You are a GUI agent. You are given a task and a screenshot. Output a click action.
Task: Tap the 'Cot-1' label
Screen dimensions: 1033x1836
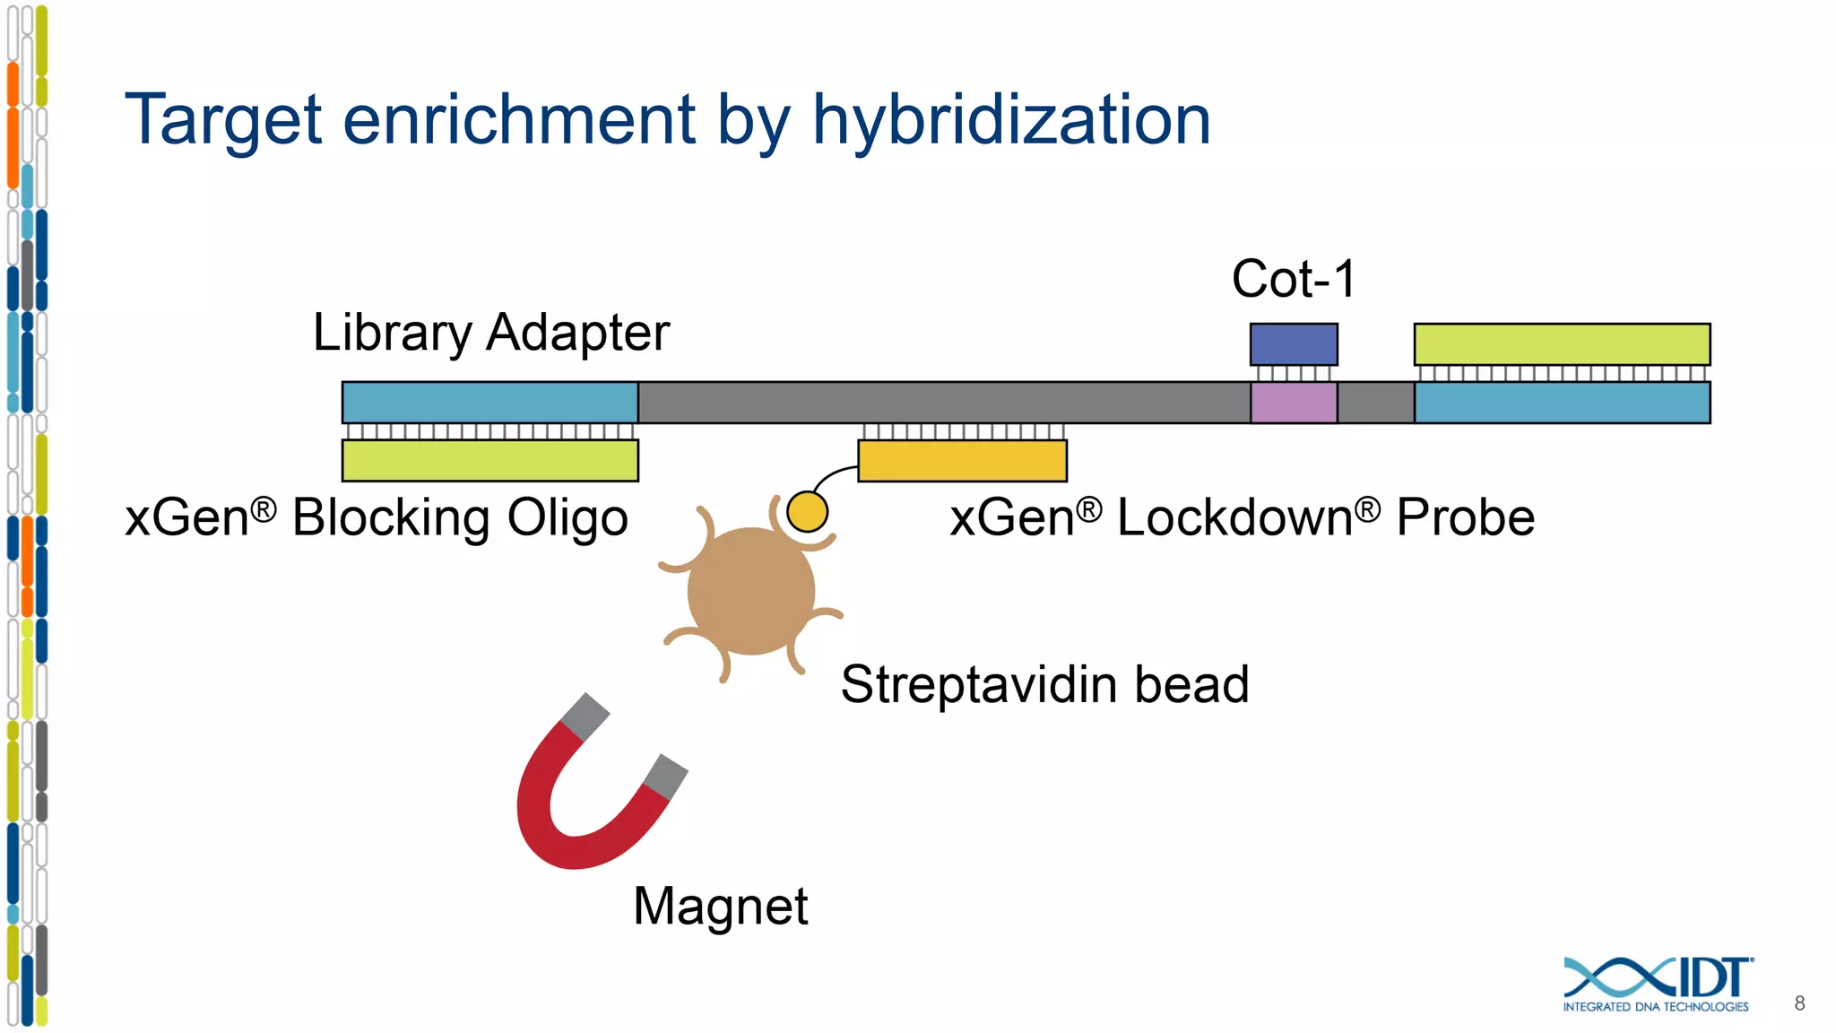[x=1294, y=279]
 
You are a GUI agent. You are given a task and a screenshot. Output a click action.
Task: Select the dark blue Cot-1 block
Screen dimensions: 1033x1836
[x=1294, y=344]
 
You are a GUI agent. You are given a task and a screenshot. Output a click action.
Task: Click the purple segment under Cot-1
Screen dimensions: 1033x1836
[x=1294, y=403]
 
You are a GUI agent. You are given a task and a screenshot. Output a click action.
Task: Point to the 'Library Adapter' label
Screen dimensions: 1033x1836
[x=490, y=333]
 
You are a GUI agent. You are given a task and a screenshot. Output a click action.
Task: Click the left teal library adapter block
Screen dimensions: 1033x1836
[x=489, y=403]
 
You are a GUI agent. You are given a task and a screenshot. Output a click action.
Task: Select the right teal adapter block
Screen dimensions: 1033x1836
[x=1562, y=403]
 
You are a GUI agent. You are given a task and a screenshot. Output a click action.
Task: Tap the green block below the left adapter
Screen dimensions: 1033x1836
[x=489, y=460]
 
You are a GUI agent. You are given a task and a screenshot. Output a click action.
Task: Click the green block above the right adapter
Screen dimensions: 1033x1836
[x=1562, y=344]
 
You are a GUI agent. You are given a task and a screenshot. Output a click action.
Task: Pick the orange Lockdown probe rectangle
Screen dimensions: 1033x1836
[x=962, y=460]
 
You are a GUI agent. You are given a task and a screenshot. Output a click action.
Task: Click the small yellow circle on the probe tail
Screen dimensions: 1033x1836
[x=807, y=512]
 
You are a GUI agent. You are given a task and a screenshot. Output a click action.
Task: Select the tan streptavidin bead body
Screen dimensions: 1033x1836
[x=750, y=592]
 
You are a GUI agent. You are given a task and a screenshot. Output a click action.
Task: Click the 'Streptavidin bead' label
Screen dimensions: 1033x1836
[x=1044, y=685]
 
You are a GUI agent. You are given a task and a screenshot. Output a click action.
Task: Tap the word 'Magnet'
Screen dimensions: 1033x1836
[x=720, y=906]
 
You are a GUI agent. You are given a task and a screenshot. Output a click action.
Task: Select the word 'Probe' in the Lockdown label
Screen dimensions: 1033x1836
[x=1465, y=518]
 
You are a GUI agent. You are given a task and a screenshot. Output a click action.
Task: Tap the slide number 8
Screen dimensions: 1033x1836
[x=1799, y=1003]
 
